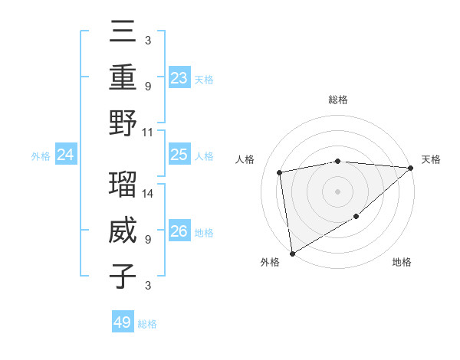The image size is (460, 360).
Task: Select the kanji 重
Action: coord(123,77)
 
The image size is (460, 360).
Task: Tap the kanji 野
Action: coord(123,123)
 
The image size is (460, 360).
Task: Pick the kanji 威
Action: coord(123,231)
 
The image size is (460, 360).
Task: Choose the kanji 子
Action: coord(123,276)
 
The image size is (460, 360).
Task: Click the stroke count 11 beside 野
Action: coord(148,132)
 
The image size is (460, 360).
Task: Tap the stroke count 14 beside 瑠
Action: coord(148,193)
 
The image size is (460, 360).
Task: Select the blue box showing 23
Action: coord(179,77)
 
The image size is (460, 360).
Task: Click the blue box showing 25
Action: coord(179,155)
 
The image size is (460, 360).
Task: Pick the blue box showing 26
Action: coord(179,231)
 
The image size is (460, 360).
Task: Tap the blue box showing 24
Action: coord(66,155)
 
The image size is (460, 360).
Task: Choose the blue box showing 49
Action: coord(123,322)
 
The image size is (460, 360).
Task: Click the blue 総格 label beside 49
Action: coord(148,324)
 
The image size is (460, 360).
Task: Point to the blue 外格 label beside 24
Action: coord(41,156)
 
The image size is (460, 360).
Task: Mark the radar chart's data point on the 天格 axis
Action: coord(411,168)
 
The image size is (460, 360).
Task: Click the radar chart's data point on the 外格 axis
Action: coord(292,253)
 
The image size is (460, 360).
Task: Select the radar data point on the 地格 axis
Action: coord(356,217)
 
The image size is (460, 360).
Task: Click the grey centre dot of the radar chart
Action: coord(337,191)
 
